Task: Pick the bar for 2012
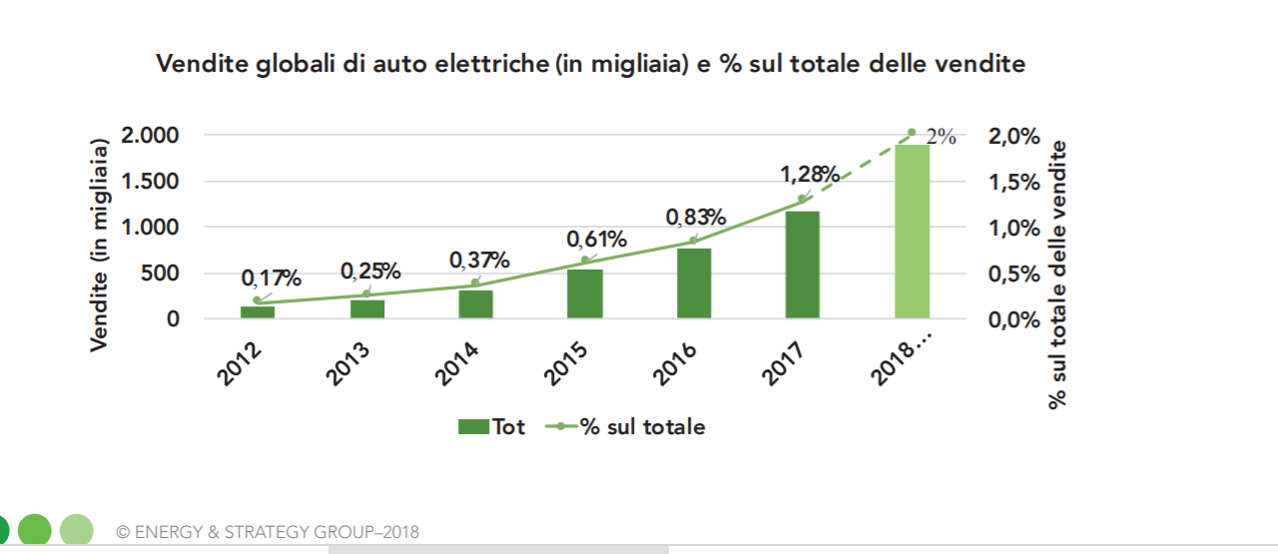[x=258, y=312]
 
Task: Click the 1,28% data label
[x=810, y=175]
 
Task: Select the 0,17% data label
[x=271, y=277]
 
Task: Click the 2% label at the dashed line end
[x=941, y=138]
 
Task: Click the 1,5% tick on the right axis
[x=1012, y=183]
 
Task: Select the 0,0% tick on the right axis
[x=1012, y=320]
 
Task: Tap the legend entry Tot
[x=492, y=427]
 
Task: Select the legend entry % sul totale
[x=626, y=427]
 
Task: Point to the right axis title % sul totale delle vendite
[x=1058, y=275]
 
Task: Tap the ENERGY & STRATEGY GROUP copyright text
[x=268, y=532]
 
